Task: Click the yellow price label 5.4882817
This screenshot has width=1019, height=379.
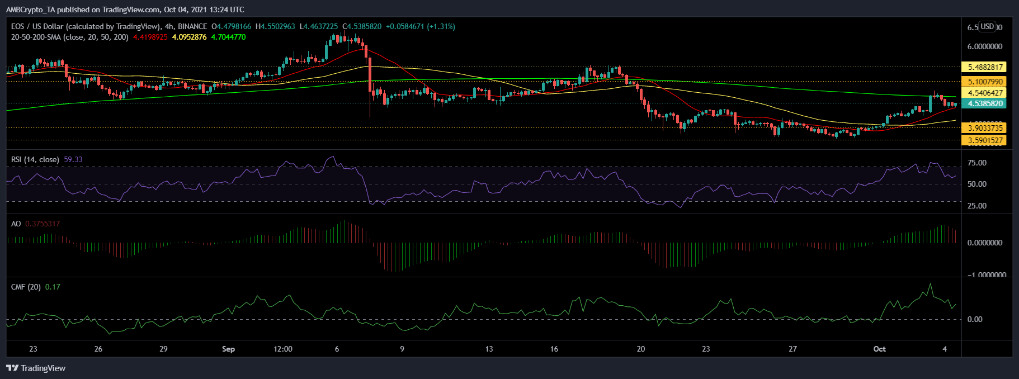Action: click(x=985, y=67)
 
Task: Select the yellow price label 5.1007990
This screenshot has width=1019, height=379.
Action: click(x=985, y=82)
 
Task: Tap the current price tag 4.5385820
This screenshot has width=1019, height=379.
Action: click(x=985, y=103)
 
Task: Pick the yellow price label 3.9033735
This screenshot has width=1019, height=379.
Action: click(x=985, y=128)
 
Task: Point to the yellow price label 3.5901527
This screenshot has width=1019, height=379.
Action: click(x=985, y=140)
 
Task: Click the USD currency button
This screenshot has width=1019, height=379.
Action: click(x=987, y=26)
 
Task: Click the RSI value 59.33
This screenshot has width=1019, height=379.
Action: click(x=73, y=159)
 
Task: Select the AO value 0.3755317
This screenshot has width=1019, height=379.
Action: click(x=43, y=224)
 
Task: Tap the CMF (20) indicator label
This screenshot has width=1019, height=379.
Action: click(x=26, y=287)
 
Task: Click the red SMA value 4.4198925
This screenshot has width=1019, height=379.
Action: click(x=150, y=37)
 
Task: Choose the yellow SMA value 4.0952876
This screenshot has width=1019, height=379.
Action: click(x=189, y=37)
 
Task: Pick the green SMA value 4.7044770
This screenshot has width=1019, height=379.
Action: click(x=228, y=37)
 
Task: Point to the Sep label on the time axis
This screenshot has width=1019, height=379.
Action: click(x=228, y=349)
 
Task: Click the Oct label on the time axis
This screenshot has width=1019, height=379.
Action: click(x=879, y=349)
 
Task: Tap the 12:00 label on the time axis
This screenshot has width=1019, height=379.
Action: click(x=283, y=349)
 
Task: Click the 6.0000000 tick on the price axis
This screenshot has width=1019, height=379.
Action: click(x=984, y=46)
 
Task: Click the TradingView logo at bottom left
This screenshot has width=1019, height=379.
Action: click(x=36, y=368)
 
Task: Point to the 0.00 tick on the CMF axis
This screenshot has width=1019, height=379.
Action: click(x=974, y=319)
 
